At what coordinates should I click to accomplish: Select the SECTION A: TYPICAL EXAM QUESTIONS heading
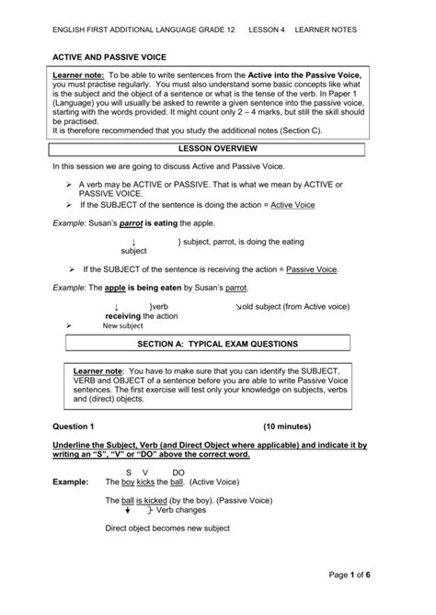point(218,344)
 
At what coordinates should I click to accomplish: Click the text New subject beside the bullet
point(122,325)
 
